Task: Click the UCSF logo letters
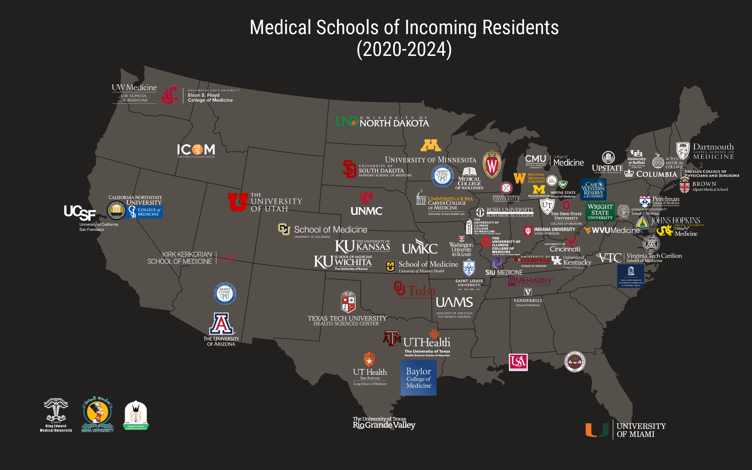coord(80,212)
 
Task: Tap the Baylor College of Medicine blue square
coord(418,378)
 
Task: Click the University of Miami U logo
coord(597,430)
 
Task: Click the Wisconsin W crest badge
coord(492,165)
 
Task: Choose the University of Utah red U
coord(238,202)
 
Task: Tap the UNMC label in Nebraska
coord(367,211)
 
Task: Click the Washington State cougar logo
coord(170,94)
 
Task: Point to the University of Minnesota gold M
coord(431,145)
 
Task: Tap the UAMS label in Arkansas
coord(454,303)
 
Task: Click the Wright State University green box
coord(600,212)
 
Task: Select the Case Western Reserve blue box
coord(593,189)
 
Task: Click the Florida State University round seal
coord(575,361)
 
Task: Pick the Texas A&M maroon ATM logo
coord(392,338)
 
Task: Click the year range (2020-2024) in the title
coord(404,49)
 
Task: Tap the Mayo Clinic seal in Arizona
coord(225,293)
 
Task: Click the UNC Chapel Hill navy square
coord(630,276)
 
